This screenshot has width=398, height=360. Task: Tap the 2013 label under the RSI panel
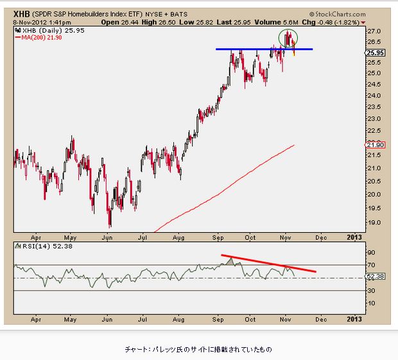tap(354, 319)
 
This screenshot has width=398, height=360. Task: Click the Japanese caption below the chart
tap(198, 349)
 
